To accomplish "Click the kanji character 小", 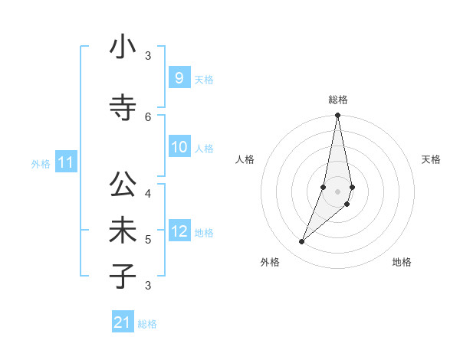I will [x=123, y=49].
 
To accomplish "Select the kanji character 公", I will [x=123, y=186].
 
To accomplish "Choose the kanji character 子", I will [x=123, y=277].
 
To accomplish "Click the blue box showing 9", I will [x=179, y=78].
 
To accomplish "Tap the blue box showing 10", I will [x=179, y=147].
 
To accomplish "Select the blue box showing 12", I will [x=179, y=231].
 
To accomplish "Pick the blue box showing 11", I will [x=65, y=163].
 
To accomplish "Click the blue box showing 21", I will [x=123, y=323].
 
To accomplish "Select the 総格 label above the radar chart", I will [x=338, y=100].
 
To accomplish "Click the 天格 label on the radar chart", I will [x=431, y=159].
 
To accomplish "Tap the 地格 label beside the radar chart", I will [x=402, y=262].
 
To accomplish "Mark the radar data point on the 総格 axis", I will [x=337, y=116].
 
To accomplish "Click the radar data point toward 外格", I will [x=302, y=242].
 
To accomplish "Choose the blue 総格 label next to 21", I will [x=147, y=324].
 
